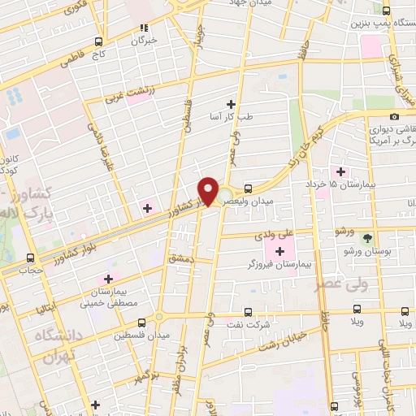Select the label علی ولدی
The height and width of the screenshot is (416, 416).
pos(275,234)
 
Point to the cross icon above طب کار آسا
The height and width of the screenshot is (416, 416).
pos(232,104)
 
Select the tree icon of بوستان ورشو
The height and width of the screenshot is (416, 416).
pos(367,239)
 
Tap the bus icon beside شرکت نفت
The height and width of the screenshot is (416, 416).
pos(249,312)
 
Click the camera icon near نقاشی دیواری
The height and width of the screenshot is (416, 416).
pos(394,117)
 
